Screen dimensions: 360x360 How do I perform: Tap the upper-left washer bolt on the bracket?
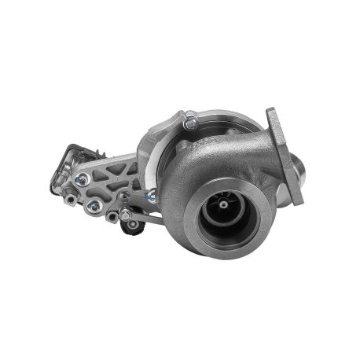[81, 179]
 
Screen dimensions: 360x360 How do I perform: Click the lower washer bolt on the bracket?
[93, 206]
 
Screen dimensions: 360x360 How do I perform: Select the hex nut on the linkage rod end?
[124, 212]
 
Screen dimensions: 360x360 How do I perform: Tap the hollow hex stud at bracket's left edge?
[72, 199]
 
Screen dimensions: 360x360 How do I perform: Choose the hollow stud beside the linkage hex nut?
[112, 217]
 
